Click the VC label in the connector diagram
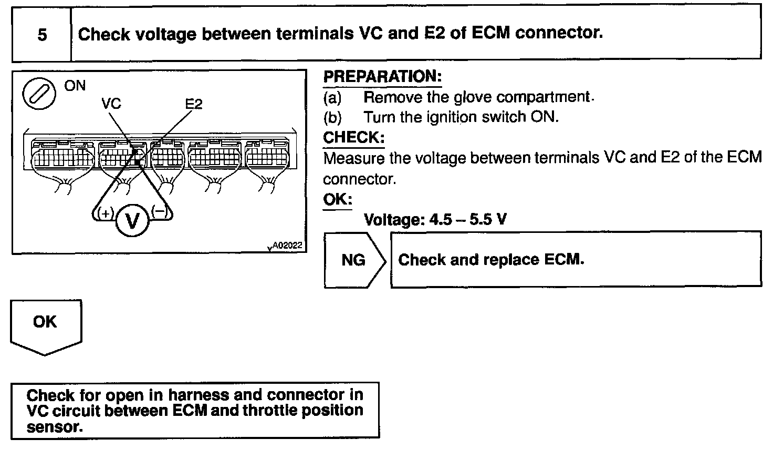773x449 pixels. [x=111, y=104]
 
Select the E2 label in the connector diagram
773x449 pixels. [x=194, y=104]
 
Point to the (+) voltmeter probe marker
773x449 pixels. [x=106, y=213]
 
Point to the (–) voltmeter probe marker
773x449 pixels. [x=159, y=211]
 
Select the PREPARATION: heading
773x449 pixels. [x=382, y=77]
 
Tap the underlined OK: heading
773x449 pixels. [x=337, y=200]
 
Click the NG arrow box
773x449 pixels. [x=354, y=260]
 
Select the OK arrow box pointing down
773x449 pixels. [x=45, y=324]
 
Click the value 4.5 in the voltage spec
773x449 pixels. [x=441, y=219]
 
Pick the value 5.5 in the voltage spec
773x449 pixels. [x=481, y=219]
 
